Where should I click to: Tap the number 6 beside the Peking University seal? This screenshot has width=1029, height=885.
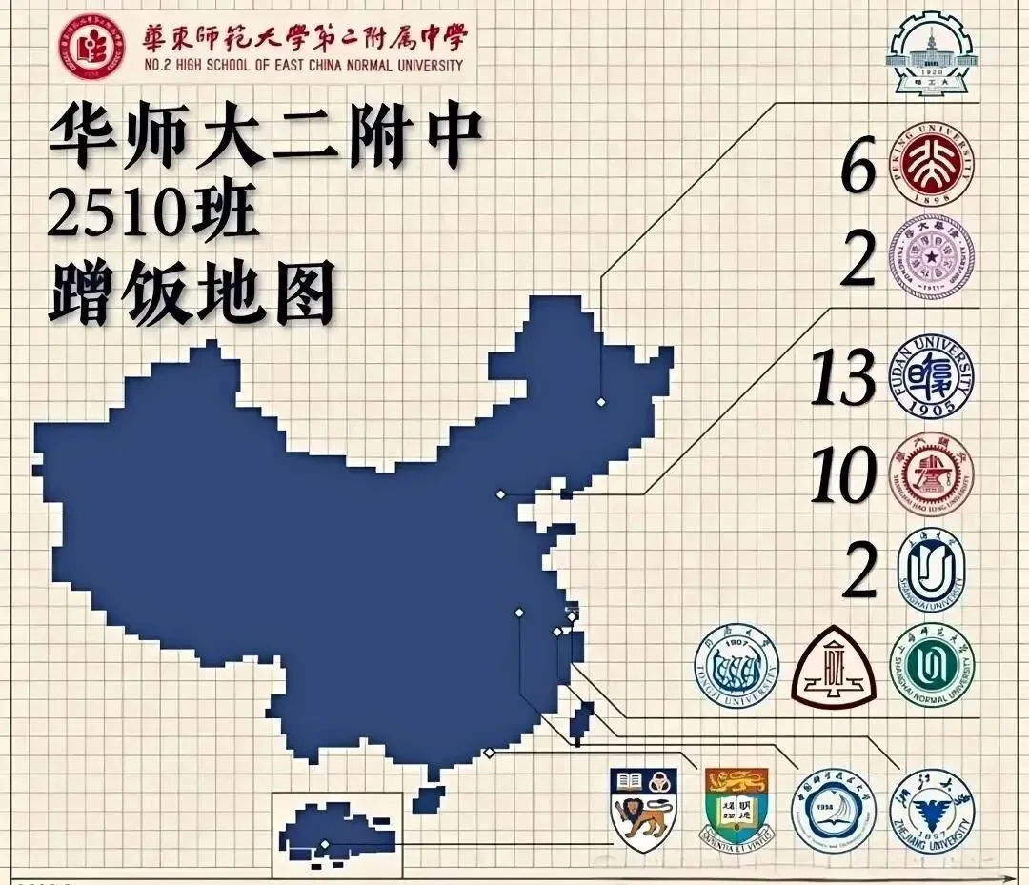click(857, 170)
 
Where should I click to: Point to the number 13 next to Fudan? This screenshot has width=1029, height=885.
click(842, 378)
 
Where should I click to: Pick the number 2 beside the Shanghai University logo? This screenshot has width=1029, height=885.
click(859, 571)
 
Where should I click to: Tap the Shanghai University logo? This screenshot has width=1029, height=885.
click(931, 569)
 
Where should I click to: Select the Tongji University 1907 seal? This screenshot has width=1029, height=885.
click(736, 666)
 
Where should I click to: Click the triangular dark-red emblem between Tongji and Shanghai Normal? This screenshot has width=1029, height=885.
click(834, 668)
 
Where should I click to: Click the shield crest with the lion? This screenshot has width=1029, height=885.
click(643, 811)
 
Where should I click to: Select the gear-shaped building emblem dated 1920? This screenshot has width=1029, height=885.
click(931, 54)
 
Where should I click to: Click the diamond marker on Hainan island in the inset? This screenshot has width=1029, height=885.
click(325, 844)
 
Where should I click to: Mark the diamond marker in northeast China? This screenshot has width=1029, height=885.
click(601, 402)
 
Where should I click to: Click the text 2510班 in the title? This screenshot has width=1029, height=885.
click(153, 215)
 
